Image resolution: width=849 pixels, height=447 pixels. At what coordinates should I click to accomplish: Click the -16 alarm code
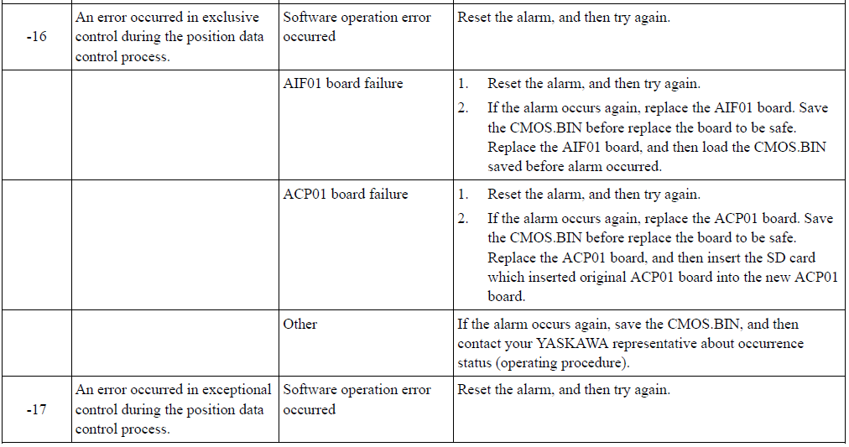coord(36,37)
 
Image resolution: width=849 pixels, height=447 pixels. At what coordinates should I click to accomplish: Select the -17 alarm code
coord(36,409)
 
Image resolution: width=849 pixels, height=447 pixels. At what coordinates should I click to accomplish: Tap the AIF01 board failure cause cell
coord(343,83)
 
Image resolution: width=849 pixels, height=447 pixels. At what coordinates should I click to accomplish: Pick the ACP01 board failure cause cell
coord(346,194)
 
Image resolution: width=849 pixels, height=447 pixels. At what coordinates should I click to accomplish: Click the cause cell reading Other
coord(300,325)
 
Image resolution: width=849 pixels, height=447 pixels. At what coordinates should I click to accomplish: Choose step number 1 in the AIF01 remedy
coord(463,84)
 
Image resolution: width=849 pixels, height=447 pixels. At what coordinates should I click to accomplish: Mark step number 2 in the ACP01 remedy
coord(463,219)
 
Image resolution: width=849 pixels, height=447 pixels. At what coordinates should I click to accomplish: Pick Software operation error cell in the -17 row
coord(357,399)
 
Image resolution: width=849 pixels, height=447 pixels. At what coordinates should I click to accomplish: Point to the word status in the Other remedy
coord(474,363)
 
